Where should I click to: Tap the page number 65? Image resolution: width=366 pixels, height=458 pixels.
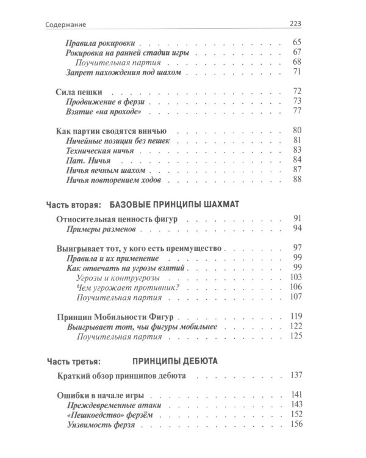[x=298, y=44]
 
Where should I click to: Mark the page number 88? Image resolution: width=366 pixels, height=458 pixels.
[x=298, y=179]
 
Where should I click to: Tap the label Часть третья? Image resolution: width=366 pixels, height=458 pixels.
[x=69, y=360]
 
